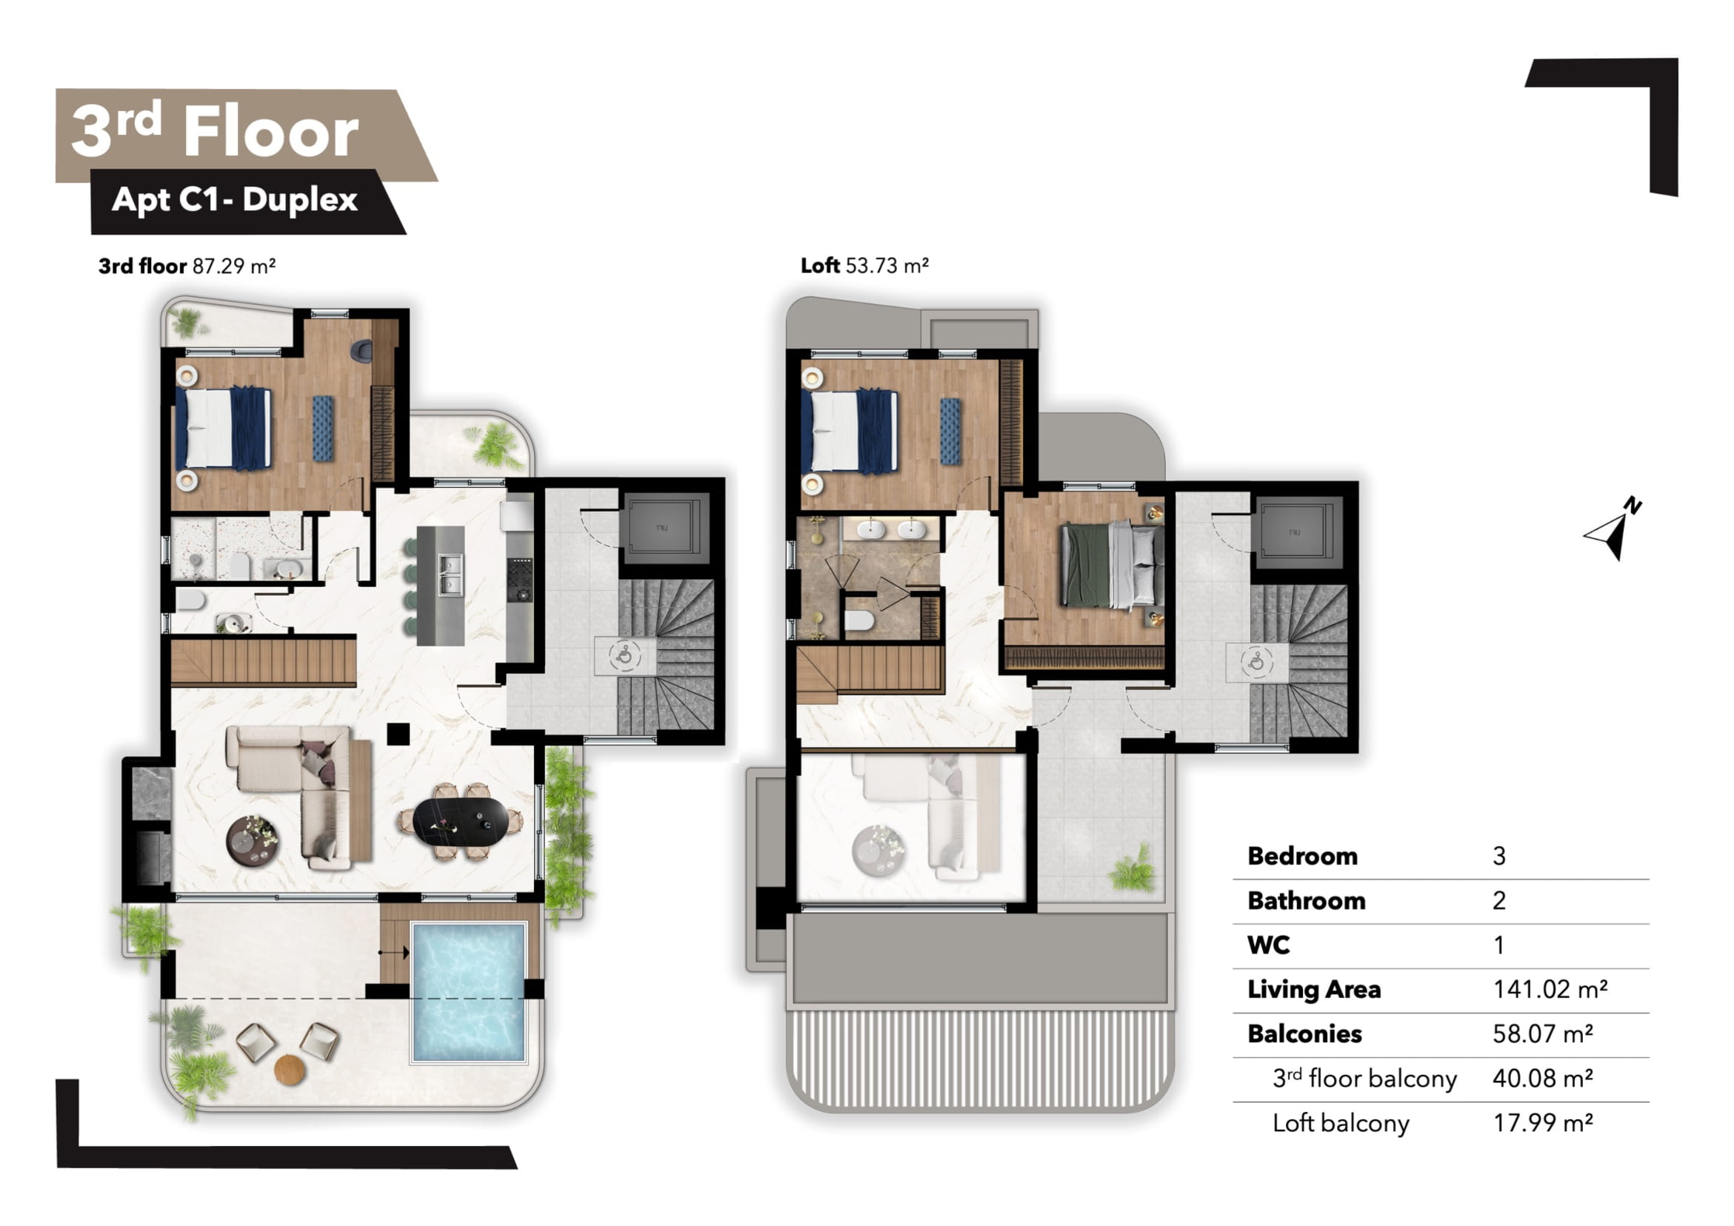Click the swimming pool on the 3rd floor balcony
tap(468, 991)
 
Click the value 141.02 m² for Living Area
tap(1550, 989)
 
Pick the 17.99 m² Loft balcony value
tap(1543, 1122)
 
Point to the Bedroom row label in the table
tap(1302, 856)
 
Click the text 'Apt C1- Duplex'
tap(234, 200)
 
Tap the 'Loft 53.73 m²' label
tap(864, 266)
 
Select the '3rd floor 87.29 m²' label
tap(187, 266)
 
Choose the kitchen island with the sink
tap(441, 586)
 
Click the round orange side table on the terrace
tap(290, 1070)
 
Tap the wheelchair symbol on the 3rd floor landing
tap(624, 655)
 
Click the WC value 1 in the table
tap(1499, 945)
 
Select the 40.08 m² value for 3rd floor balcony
tap(1543, 1078)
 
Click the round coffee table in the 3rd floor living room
tap(253, 841)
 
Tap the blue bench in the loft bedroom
tap(950, 431)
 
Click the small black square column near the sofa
tap(398, 734)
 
